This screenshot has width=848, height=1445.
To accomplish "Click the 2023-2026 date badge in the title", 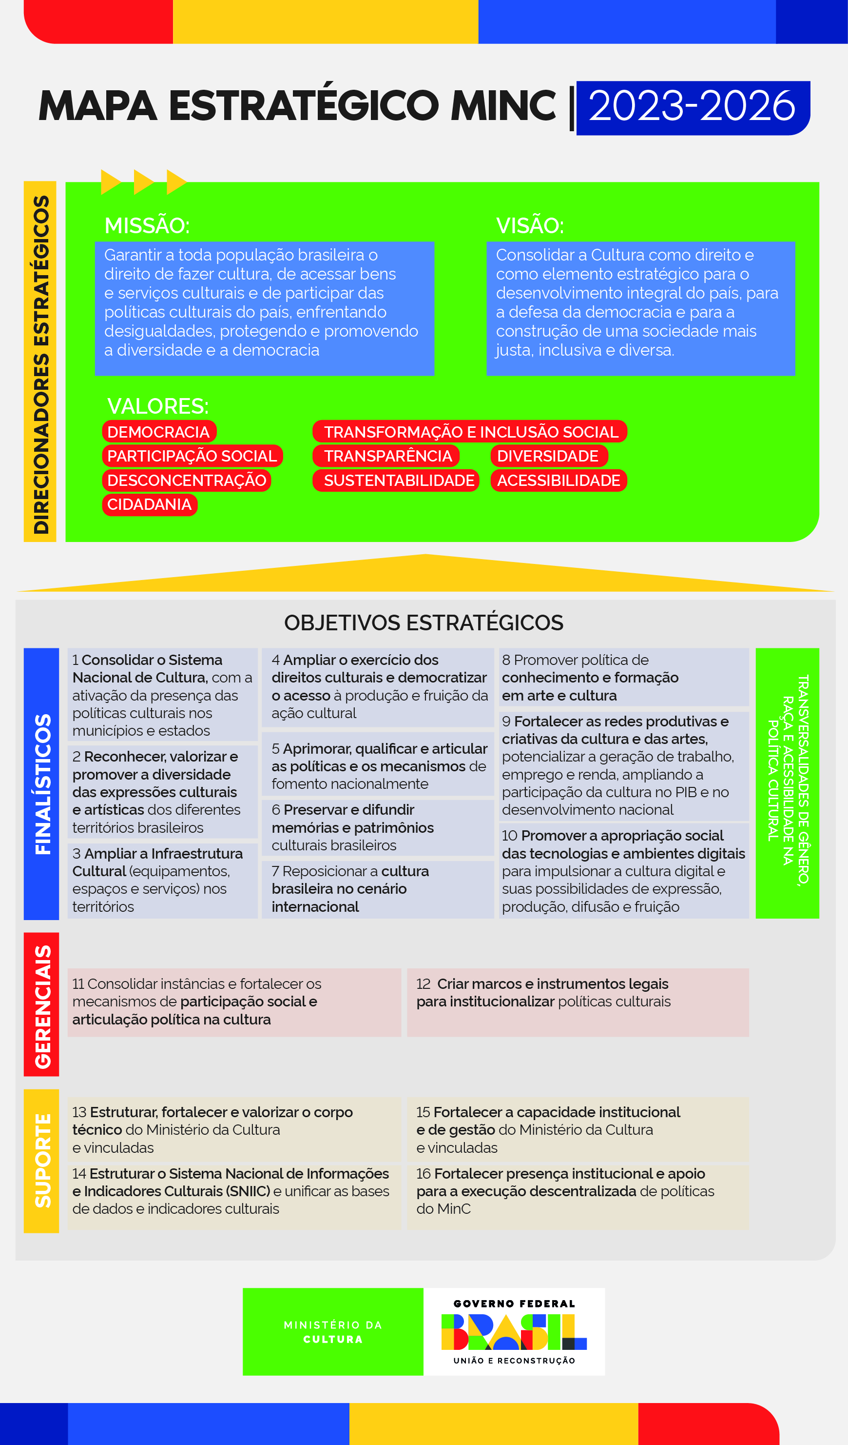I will pos(692,107).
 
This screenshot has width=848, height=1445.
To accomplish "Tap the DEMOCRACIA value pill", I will pos(159,432).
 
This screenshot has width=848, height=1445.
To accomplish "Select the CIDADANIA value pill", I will pos(150,504).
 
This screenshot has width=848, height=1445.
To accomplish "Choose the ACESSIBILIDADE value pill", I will pos(559,481).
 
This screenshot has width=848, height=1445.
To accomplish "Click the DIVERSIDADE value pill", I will pos(548,456).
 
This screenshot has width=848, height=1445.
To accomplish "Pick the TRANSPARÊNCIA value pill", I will pos(387,456).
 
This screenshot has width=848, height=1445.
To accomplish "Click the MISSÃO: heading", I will pos(147,225).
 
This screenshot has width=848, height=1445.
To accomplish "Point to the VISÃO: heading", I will pos(530,225).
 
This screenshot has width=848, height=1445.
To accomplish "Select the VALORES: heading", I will pos(157,406).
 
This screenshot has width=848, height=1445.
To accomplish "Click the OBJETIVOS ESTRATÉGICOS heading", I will pos(424,622).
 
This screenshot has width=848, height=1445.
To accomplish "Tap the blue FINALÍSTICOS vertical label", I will pos(42,784).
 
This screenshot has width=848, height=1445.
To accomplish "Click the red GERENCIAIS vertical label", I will pos(42,1007).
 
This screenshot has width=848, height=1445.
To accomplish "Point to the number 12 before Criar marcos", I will pos(424,984).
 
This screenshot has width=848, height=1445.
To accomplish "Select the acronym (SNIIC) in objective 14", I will pos(248,1191).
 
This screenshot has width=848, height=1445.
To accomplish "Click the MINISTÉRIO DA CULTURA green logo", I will pos(333,1332).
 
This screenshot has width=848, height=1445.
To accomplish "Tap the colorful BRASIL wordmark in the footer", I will pos(514,1332).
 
